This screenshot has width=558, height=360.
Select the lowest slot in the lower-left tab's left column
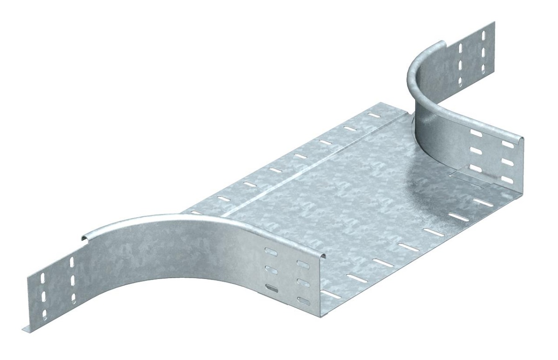45,315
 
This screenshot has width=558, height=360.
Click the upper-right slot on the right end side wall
508,145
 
